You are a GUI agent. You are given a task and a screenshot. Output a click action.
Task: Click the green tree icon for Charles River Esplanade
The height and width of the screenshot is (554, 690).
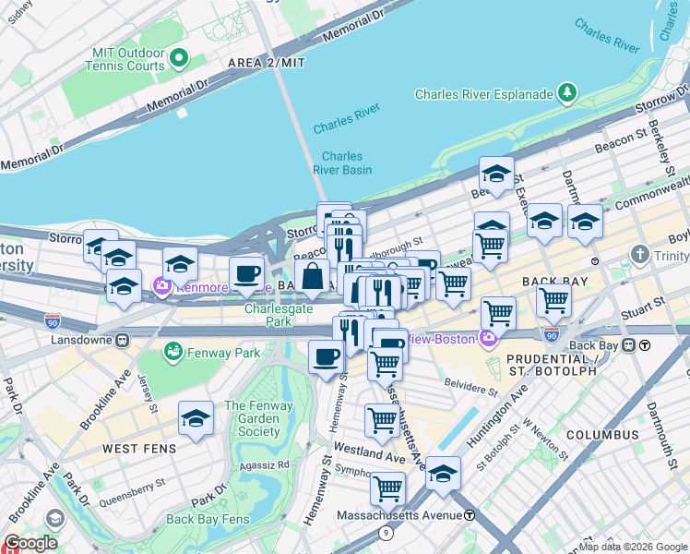pyautogui.click(x=566, y=93)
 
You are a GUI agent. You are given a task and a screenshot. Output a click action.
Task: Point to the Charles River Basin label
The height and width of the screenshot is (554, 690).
pyautogui.click(x=342, y=163)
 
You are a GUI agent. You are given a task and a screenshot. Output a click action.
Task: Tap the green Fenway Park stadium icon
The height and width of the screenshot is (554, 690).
pyautogui.click(x=172, y=351)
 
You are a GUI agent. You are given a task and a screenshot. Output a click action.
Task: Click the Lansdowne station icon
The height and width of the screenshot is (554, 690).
pyautogui.click(x=122, y=340)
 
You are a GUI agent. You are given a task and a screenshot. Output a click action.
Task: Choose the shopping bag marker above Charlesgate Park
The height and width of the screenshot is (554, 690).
pyautogui.click(x=312, y=276)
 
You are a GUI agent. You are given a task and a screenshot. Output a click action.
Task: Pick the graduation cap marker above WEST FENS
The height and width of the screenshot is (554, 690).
pyautogui.click(x=196, y=418)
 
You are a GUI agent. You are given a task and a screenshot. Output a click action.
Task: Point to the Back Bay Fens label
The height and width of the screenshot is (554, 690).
pyautogui.click(x=208, y=519)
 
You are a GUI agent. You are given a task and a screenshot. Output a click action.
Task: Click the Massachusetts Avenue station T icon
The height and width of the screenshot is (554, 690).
pyautogui.click(x=470, y=514)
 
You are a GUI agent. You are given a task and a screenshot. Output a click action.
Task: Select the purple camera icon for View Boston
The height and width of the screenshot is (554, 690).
pyautogui.click(x=488, y=339)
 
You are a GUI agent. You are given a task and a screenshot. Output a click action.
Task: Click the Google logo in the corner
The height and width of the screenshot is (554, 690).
pyautogui.click(x=30, y=543)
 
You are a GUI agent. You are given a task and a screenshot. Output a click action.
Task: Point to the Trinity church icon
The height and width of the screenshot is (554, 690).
pyautogui.click(x=639, y=254)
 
